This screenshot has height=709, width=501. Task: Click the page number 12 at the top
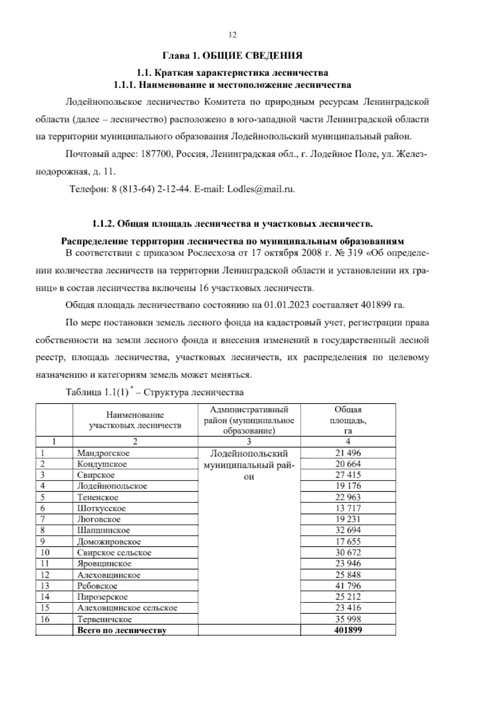pyautogui.click(x=233, y=35)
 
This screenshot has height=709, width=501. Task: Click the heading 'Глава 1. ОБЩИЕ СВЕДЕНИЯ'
pyautogui.click(x=232, y=56)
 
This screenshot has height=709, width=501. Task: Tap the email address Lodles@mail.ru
pyautogui.click(x=261, y=189)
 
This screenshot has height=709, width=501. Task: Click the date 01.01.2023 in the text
pyautogui.click(x=287, y=304)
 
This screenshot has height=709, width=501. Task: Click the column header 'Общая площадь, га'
pyautogui.click(x=348, y=420)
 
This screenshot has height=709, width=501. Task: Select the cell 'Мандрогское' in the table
pyautogui.click(x=104, y=453)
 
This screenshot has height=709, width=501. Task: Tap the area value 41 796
pyautogui.click(x=348, y=586)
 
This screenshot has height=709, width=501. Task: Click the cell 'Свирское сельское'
pyautogui.click(x=114, y=553)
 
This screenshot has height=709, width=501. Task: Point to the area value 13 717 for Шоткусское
pyautogui.click(x=348, y=508)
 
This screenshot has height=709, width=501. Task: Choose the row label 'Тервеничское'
pyautogui.click(x=104, y=619)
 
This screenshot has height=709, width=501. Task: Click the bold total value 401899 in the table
pyautogui.click(x=348, y=630)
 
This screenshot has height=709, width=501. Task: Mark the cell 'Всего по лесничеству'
pyautogui.click(x=122, y=630)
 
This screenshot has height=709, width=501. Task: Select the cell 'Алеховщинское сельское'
pyautogui.click(x=127, y=608)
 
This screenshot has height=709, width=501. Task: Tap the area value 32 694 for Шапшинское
pyautogui.click(x=348, y=530)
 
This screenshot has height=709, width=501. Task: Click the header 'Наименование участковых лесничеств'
pyautogui.click(x=135, y=420)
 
